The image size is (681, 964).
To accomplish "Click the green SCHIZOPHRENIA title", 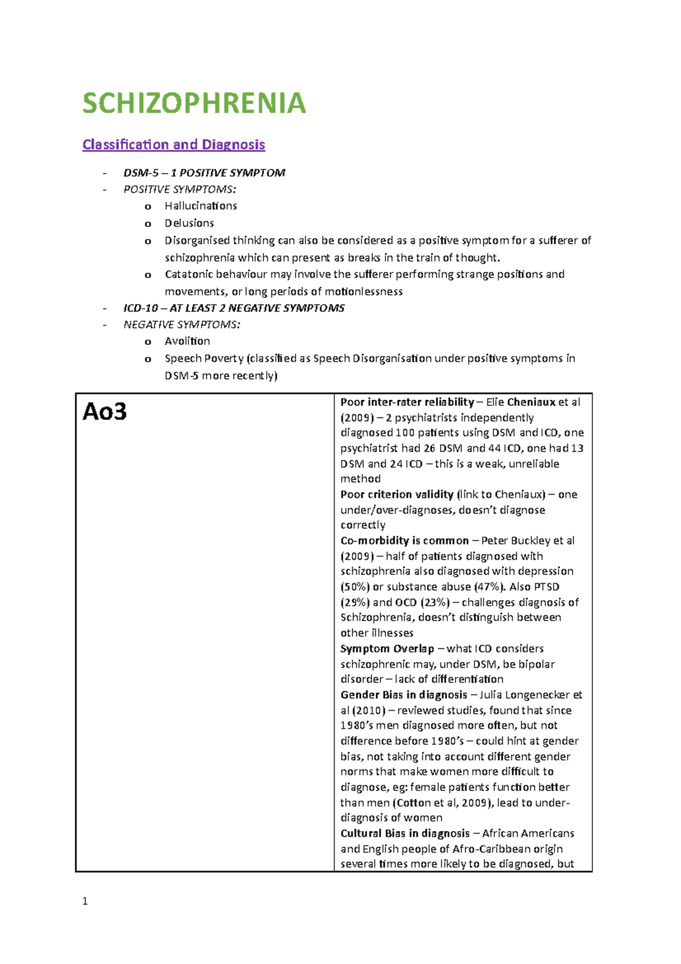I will click(x=194, y=103).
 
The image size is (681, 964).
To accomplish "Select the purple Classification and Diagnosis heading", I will click(x=174, y=145).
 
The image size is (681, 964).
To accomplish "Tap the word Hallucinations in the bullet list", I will click(x=201, y=206).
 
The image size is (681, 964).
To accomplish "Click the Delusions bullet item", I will click(x=189, y=223).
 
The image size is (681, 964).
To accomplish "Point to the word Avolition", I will click(x=187, y=341).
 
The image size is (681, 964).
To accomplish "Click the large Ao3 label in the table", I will click(x=104, y=412).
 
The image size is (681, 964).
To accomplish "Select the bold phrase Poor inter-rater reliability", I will click(x=407, y=403).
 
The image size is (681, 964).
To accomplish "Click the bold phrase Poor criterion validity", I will click(x=397, y=494).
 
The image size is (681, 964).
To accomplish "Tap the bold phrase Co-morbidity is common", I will click(x=404, y=540).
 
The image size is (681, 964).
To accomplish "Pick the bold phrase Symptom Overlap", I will click(x=387, y=648).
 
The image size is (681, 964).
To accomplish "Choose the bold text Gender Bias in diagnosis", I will click(x=403, y=695).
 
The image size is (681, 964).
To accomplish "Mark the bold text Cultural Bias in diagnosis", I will click(x=405, y=833).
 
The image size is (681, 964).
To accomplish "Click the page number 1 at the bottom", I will click(x=85, y=901).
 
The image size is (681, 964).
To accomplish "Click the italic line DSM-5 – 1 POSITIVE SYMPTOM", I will click(x=204, y=173).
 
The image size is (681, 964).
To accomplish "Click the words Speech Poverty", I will click(x=204, y=359).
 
